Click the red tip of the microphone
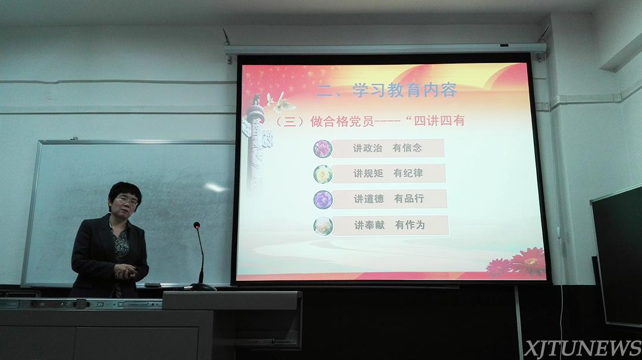coord(197,225)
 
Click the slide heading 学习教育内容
coord(404,90)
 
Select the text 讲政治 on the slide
coord(368,148)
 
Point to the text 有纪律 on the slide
coord(408,173)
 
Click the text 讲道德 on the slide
coord(369,199)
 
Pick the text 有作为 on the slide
coord(410,225)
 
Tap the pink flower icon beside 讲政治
coord(323,149)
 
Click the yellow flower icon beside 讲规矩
coord(323,174)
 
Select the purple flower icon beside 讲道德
coord(323,200)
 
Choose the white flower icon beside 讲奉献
coord(323,226)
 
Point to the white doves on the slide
coord(281,102)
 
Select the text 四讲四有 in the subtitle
coord(439,121)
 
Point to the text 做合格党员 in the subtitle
coord(342,122)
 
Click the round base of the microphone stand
coord(203,287)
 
